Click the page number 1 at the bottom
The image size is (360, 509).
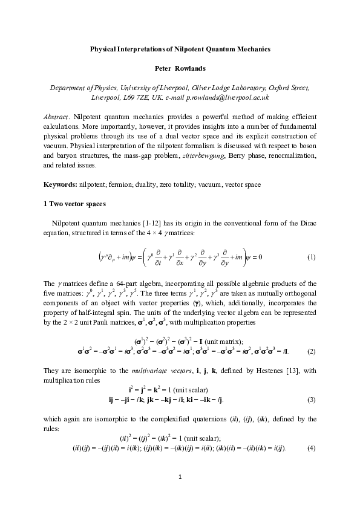pyautogui.click(x=180, y=478)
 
